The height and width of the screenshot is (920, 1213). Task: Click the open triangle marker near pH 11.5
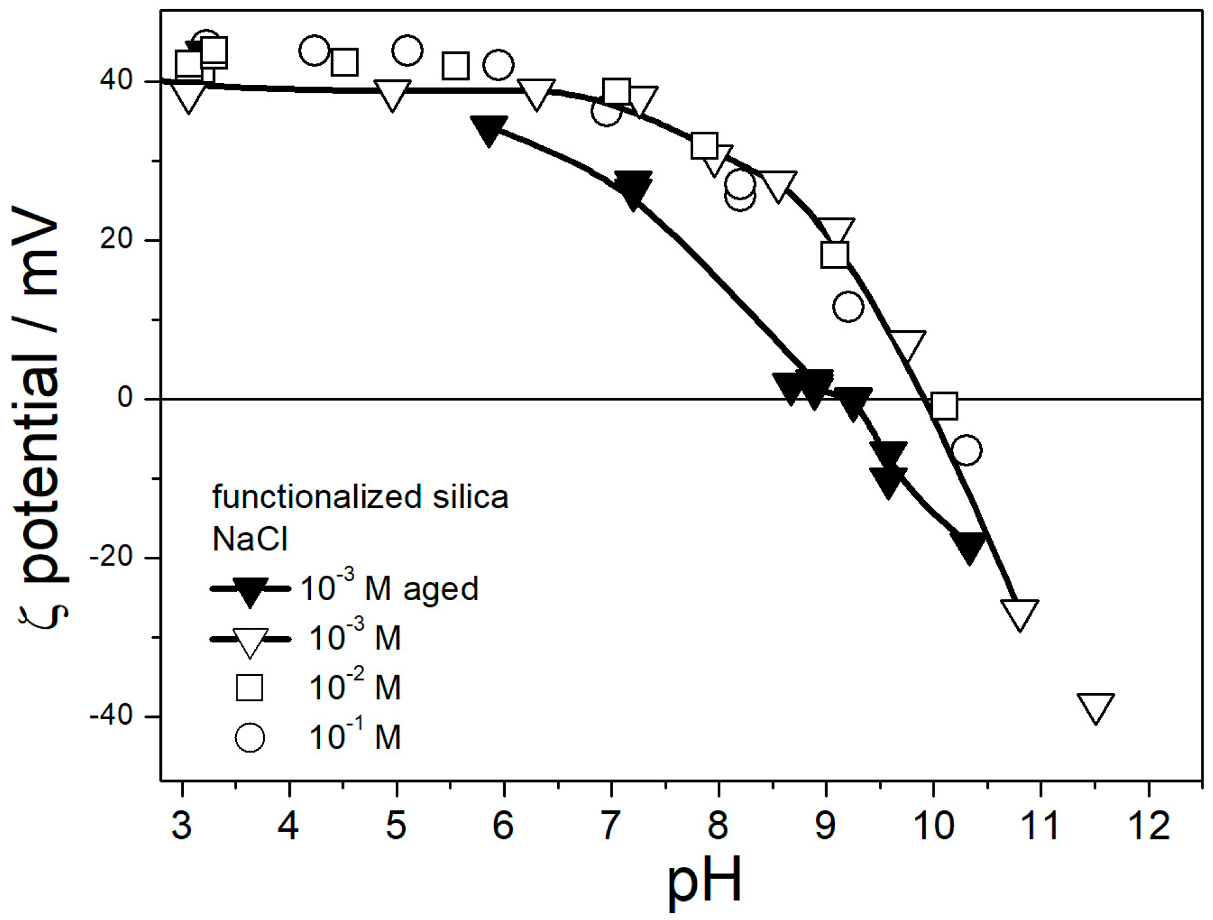tap(1096, 706)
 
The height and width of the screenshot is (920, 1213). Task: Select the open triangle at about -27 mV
tap(1019, 612)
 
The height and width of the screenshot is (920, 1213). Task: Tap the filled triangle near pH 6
tap(489, 129)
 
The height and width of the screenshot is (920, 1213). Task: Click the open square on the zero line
tap(944, 406)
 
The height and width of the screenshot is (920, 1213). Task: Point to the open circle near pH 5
tap(407, 50)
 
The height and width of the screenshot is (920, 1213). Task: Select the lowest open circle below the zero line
tap(966, 451)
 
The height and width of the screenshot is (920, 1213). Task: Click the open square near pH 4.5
tap(344, 62)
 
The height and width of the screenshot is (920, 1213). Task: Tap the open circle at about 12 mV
tap(848, 306)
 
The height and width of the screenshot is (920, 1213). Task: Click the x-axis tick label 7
tap(610, 825)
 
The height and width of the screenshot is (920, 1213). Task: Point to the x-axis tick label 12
tap(1149, 825)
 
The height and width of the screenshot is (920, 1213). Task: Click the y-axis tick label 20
tap(116, 239)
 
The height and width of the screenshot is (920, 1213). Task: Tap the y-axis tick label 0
tap(125, 398)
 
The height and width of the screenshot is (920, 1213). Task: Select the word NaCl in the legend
tap(250, 539)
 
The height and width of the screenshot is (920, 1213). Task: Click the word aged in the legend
tap(440, 589)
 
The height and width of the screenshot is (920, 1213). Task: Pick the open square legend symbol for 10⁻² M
tap(249, 687)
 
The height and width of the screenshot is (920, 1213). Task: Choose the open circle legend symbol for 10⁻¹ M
tap(249, 737)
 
